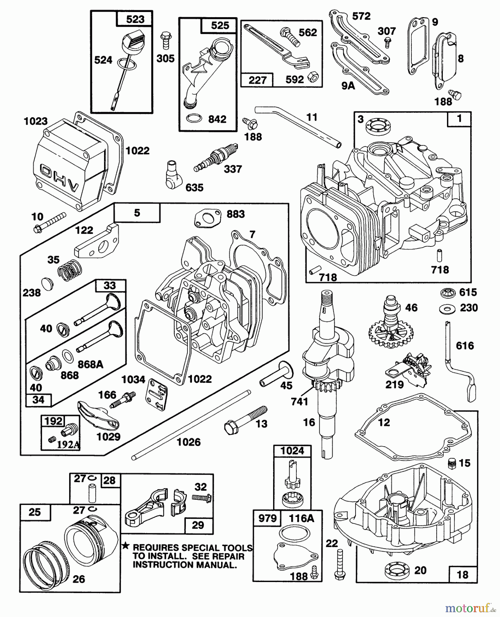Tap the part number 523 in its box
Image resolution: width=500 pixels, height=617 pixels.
click(135, 19)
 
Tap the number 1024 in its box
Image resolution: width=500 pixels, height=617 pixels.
click(292, 451)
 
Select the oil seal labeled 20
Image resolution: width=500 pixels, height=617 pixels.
click(397, 570)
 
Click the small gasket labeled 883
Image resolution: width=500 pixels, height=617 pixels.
click(208, 218)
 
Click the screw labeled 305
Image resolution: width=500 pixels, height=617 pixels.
click(166, 41)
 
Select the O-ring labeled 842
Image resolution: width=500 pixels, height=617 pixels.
click(194, 119)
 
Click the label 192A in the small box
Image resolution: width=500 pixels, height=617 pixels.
click(68, 445)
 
